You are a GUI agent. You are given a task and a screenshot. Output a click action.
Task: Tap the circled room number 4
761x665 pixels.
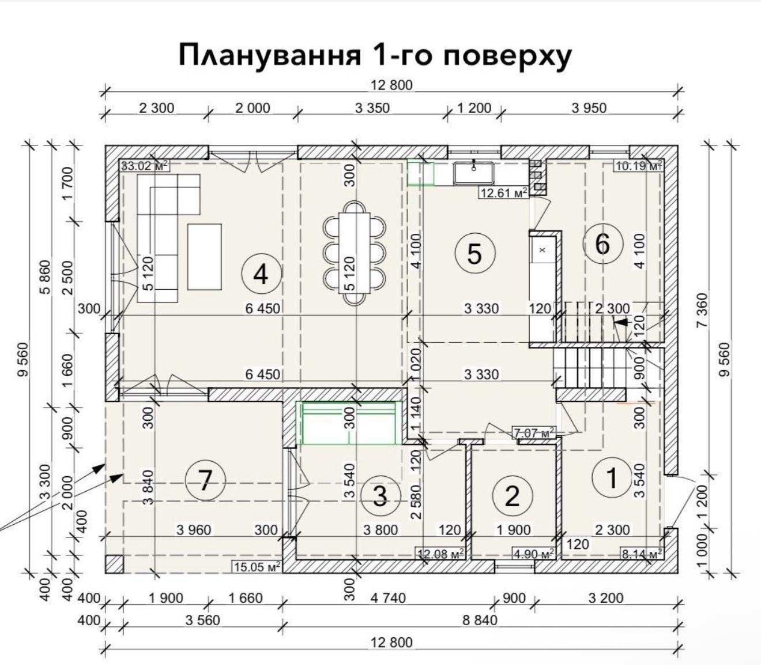coord(262,275)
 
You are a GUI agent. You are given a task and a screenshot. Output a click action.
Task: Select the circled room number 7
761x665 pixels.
coord(205,480)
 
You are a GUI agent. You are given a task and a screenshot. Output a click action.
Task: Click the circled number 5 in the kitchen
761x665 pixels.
coord(475,253)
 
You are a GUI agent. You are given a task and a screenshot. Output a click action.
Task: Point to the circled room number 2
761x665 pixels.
coord(512,496)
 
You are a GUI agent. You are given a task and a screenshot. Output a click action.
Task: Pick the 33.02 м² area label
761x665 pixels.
coord(144,166)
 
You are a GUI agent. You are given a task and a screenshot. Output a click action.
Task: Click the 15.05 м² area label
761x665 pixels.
coord(257,567)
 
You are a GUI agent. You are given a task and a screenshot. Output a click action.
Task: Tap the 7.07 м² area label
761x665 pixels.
coord(534,432)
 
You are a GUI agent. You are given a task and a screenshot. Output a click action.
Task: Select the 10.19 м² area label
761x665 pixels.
coord(638,166)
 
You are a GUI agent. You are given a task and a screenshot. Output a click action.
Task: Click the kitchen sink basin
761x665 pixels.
coord(474,173)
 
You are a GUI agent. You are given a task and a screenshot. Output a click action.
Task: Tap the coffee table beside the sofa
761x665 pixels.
coord(205,256)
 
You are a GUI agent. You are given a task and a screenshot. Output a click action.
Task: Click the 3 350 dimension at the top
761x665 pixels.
coord(372,108)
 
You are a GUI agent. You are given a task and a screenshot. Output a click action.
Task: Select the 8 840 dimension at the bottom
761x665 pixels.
coord(480,621)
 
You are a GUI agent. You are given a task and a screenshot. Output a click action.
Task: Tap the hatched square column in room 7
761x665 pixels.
coord(114,564)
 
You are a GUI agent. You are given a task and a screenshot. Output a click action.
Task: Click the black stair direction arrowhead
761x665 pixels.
coord(620,323)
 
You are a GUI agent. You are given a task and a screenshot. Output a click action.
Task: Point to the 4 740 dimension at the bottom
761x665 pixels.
coord(388,598)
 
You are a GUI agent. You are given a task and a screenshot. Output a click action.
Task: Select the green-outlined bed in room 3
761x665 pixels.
coord(349,423)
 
